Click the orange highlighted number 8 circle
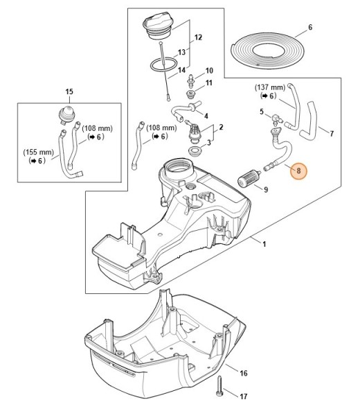(x=298, y=171)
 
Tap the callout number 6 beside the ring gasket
(x=310, y=27)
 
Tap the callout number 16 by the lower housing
(x=244, y=373)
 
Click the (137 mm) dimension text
(x=269, y=87)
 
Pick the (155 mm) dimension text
(x=39, y=152)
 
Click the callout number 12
(x=198, y=37)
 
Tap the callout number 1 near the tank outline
(x=264, y=244)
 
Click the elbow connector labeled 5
(x=276, y=119)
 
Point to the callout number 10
(x=209, y=71)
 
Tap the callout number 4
(x=206, y=116)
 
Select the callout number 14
(x=181, y=70)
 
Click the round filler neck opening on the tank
(x=178, y=168)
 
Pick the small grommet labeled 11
(x=190, y=94)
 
